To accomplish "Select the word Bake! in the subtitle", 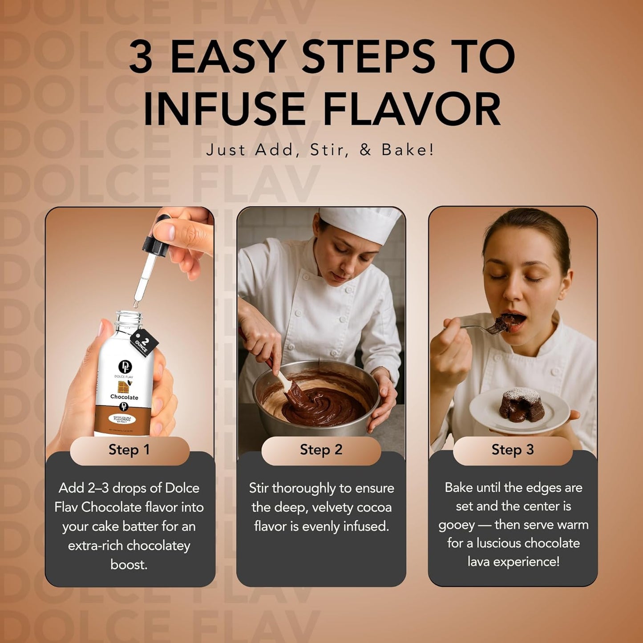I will click(x=408, y=150).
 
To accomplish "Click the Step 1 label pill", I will click(x=129, y=450).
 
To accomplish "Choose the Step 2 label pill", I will click(x=321, y=450).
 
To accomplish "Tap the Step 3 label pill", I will click(x=513, y=450).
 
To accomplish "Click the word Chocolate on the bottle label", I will click(x=124, y=397).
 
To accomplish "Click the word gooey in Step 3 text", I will click(x=457, y=525).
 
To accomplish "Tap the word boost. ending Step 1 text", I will click(x=129, y=565).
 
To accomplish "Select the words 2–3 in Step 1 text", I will click(x=98, y=488).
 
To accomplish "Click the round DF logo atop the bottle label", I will click(x=125, y=367).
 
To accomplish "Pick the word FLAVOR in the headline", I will click(x=412, y=109).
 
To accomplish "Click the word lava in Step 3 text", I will click(x=479, y=562).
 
